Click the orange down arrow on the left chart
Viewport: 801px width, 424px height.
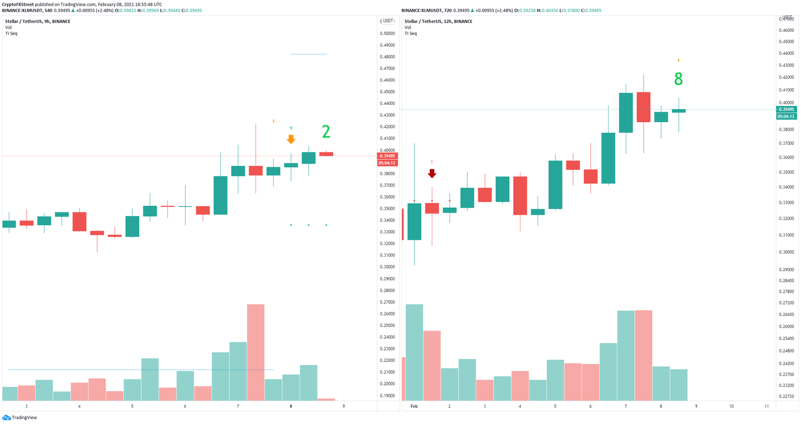point(291,139)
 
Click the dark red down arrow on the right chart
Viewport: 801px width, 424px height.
point(432,174)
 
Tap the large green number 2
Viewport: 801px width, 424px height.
point(326,132)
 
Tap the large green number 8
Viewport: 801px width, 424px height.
point(678,79)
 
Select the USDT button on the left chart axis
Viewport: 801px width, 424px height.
point(387,21)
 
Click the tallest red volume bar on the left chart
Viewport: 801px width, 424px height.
point(256,352)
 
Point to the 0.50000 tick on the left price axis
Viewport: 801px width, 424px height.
point(387,33)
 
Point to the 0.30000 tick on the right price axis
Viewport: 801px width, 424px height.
point(786,252)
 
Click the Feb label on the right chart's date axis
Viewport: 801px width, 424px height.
point(414,406)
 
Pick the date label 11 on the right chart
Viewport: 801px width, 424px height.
point(766,406)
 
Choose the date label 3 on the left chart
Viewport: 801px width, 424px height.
point(26,406)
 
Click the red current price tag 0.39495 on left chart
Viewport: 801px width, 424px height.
point(387,156)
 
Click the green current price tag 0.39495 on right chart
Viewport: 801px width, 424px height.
point(786,109)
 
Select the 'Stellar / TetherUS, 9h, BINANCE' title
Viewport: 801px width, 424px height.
point(38,21)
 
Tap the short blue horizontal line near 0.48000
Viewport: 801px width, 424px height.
point(308,54)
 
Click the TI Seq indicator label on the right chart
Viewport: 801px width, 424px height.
point(410,33)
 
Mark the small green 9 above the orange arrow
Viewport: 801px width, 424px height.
point(291,128)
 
